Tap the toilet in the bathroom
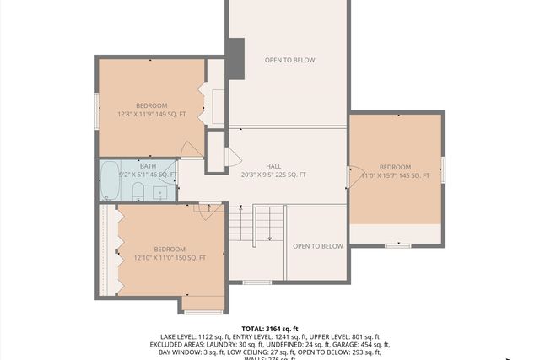(x=138, y=193)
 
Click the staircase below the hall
(x=269, y=226)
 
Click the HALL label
(x=273, y=166)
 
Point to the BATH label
(x=148, y=166)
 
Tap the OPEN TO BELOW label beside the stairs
(x=317, y=246)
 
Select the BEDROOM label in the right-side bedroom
(x=395, y=167)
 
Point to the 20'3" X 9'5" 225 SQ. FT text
(x=273, y=175)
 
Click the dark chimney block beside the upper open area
(x=235, y=59)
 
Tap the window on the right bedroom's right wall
(x=443, y=169)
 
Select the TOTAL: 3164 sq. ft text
(x=269, y=329)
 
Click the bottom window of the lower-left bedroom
(x=203, y=312)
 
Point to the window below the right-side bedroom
(x=397, y=245)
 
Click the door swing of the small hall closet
(x=232, y=158)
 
